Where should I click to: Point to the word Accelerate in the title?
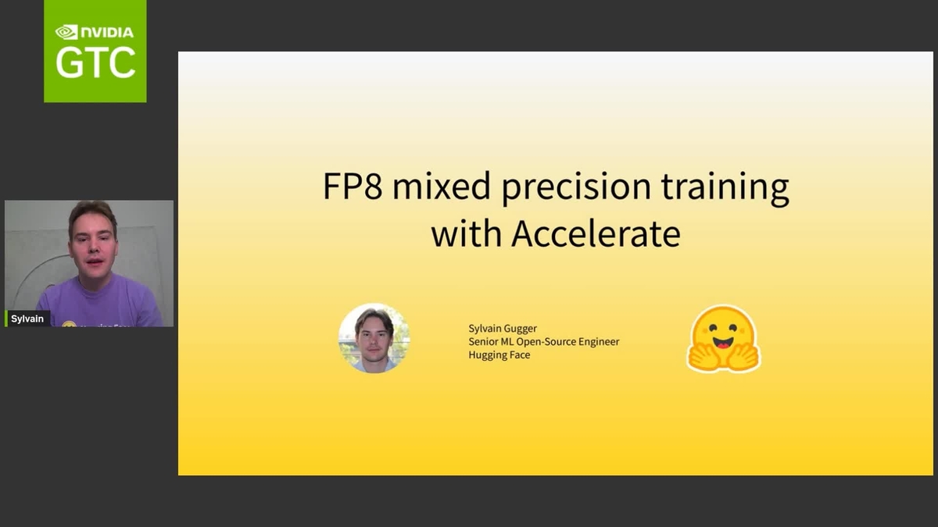pyautogui.click(x=596, y=233)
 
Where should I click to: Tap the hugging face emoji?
pyautogui.click(x=723, y=338)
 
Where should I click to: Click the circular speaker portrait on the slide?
pyautogui.click(x=374, y=338)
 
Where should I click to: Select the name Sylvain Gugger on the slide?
pyautogui.click(x=503, y=329)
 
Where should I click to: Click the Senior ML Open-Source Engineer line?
pyautogui.click(x=543, y=342)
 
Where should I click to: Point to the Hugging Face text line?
pyautogui.click(x=499, y=355)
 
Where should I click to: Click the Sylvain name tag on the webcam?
pyautogui.click(x=27, y=319)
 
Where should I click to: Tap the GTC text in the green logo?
pyautogui.click(x=95, y=63)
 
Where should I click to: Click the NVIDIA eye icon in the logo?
pyautogui.click(x=66, y=32)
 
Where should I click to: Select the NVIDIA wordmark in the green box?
pyautogui.click(x=106, y=32)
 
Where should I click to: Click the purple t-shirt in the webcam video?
pyautogui.click(x=102, y=304)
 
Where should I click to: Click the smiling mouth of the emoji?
pyautogui.click(x=723, y=343)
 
